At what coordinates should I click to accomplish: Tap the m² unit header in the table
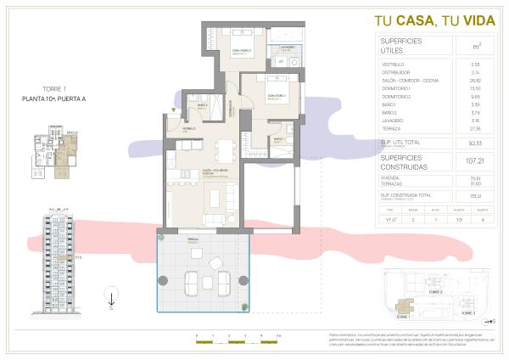pos(458,45)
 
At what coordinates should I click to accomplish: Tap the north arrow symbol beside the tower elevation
pos(110,296)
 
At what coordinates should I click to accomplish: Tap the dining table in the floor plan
pos(225,153)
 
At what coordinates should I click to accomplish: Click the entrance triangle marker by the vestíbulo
pos(173,110)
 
